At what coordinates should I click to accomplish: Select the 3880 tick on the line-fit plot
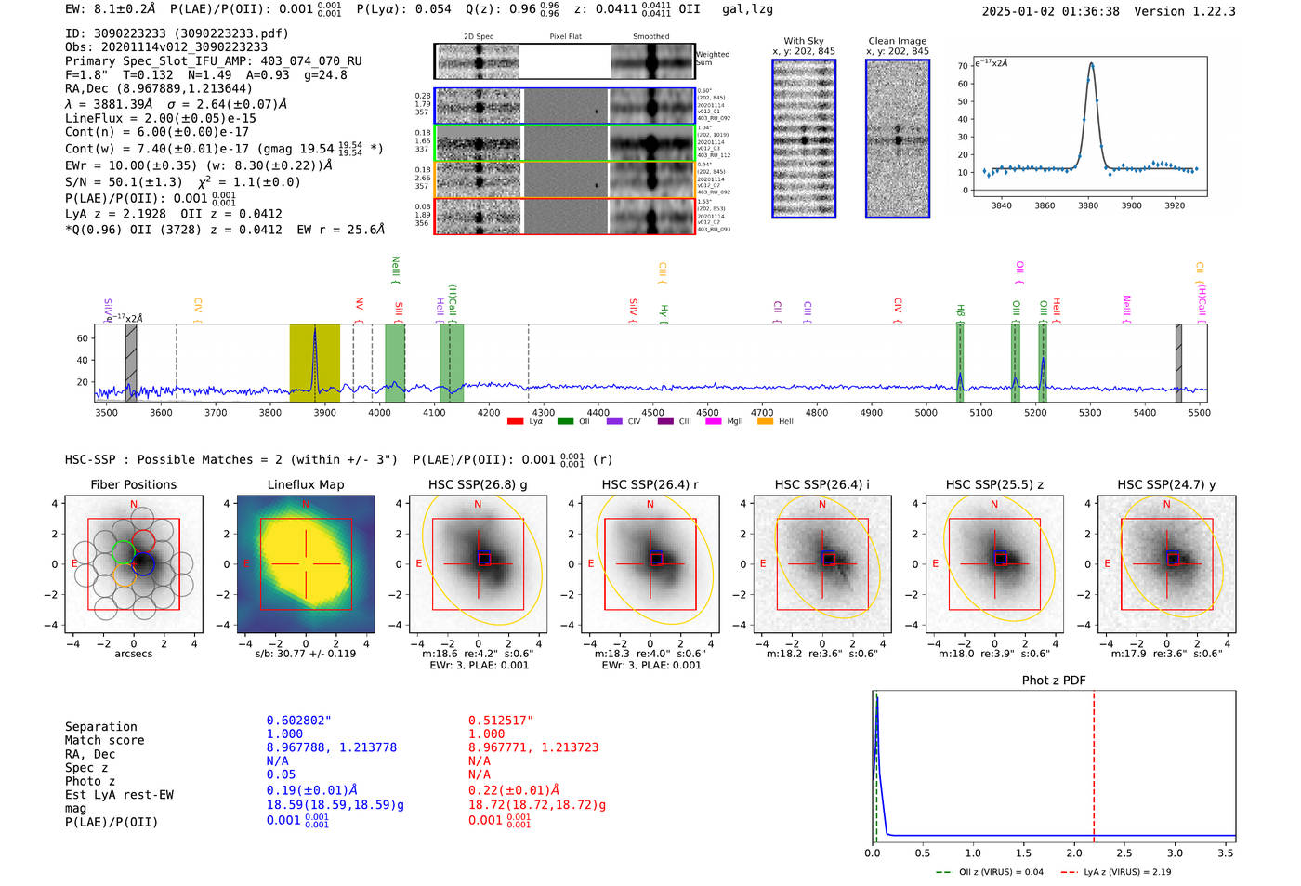(1088, 205)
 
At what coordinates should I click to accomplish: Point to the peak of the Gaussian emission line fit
(1091, 64)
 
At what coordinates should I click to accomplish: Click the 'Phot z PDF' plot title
(1054, 681)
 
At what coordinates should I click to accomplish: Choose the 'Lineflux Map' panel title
(305, 484)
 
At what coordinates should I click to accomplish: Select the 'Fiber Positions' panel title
(133, 484)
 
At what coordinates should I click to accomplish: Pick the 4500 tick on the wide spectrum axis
(652, 413)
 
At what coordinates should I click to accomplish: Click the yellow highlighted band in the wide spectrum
(314, 363)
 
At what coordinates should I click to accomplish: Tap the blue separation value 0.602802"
(298, 721)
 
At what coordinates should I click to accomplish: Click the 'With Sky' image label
(803, 41)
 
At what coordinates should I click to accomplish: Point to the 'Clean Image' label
(897, 41)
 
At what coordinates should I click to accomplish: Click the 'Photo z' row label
(90, 781)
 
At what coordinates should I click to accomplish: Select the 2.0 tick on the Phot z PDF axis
(1073, 853)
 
